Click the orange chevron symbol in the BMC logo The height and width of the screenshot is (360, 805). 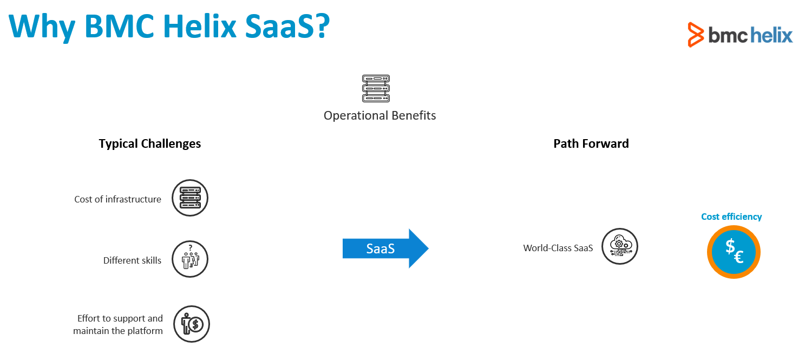[696, 35]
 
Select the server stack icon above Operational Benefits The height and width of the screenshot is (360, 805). [376, 88]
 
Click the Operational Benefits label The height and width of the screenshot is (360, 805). [379, 116]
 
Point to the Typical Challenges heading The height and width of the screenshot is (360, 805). [150, 143]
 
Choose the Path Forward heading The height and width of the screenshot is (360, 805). [591, 143]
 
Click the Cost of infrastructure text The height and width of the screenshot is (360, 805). [118, 199]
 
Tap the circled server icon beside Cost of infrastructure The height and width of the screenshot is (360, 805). [190, 198]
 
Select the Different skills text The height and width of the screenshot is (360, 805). [132, 260]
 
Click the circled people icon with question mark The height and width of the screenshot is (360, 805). [190, 259]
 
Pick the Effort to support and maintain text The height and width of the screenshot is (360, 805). [118, 324]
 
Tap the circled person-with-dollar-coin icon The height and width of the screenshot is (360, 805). [192, 324]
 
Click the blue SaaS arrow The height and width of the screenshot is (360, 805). [385, 248]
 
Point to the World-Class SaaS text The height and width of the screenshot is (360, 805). [558, 248]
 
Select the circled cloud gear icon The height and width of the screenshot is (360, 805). [620, 246]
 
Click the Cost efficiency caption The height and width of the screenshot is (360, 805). [731, 217]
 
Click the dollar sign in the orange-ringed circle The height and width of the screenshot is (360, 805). [730, 247]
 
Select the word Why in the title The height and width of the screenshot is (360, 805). [42, 27]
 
